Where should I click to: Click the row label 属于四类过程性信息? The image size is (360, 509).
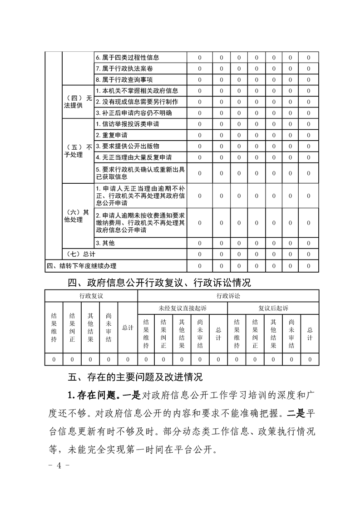click(x=127, y=58)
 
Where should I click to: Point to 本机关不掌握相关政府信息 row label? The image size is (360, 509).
click(x=137, y=91)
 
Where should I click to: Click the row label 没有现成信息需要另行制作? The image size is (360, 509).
click(x=137, y=102)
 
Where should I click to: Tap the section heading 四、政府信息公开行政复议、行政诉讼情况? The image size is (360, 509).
click(x=159, y=283)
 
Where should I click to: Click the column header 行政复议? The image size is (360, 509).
click(x=91, y=296)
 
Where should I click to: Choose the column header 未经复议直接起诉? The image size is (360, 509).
click(x=182, y=308)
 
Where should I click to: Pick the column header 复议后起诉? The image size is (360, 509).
click(x=273, y=308)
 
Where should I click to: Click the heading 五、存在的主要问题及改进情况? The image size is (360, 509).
click(x=135, y=377)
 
